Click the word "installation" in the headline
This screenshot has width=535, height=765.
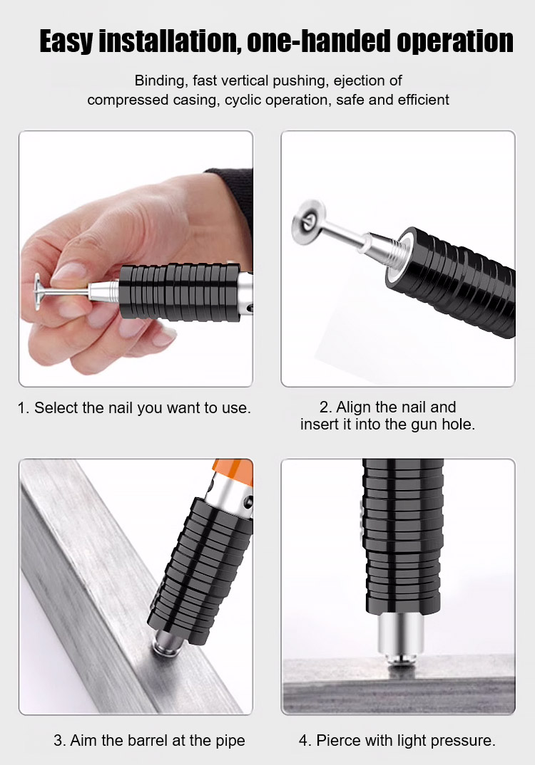[170, 41]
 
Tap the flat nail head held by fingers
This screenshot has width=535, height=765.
[38, 292]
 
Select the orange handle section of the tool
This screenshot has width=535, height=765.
[233, 472]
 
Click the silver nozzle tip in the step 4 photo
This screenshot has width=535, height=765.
[399, 639]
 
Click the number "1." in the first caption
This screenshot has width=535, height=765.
[24, 408]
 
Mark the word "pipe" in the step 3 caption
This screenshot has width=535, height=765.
[230, 741]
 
